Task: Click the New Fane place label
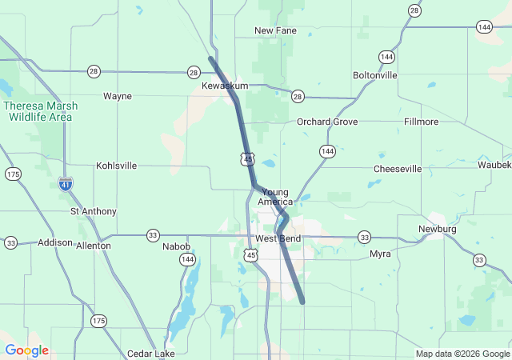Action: pyautogui.click(x=275, y=30)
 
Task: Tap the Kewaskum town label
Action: pyautogui.click(x=225, y=86)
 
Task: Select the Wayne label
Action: pyautogui.click(x=118, y=96)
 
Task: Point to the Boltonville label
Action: pyautogui.click(x=374, y=75)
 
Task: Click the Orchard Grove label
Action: pyautogui.click(x=327, y=122)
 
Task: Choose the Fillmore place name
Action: pyautogui.click(x=422, y=122)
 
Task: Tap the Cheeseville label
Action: pyautogui.click(x=398, y=169)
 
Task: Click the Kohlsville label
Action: pyautogui.click(x=116, y=166)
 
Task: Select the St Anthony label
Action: pyautogui.click(x=94, y=211)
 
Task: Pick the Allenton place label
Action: pyautogui.click(x=93, y=246)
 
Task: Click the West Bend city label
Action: pyautogui.click(x=278, y=239)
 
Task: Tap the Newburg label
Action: pyautogui.click(x=438, y=229)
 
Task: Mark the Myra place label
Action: pyautogui.click(x=380, y=254)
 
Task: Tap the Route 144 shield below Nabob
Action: pyautogui.click(x=188, y=259)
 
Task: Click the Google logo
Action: pyautogui.click(x=26, y=350)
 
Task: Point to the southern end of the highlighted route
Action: pyautogui.click(x=302, y=302)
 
